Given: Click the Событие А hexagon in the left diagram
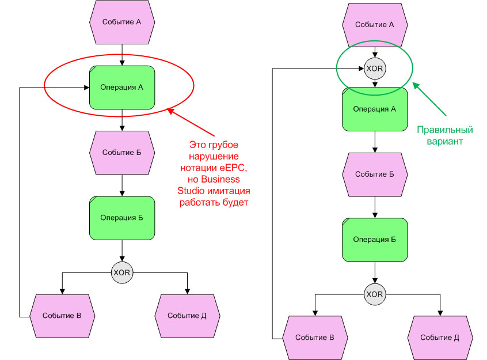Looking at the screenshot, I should click(122, 22).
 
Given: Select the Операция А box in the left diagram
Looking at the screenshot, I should click(122, 88).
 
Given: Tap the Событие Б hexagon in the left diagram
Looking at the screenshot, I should click(122, 153).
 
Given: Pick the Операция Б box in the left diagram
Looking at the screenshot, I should click(122, 218).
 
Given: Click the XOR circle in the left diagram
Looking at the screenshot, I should click(122, 272).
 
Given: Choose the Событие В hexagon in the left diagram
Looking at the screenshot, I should click(62, 316).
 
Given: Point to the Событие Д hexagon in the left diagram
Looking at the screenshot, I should click(187, 316).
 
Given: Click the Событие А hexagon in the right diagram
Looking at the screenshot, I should click(375, 25).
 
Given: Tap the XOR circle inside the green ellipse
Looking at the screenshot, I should click(375, 69).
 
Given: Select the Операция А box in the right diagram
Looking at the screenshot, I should click(375, 109).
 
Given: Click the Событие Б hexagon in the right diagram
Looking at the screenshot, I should click(375, 174).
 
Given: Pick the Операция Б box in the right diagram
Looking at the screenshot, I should click(375, 239).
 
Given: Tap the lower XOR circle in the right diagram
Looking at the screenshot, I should click(375, 294).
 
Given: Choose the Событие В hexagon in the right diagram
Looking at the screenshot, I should click(315, 338).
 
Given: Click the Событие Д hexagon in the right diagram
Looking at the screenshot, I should click(440, 338).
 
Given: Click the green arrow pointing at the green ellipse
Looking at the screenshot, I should click(430, 98).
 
